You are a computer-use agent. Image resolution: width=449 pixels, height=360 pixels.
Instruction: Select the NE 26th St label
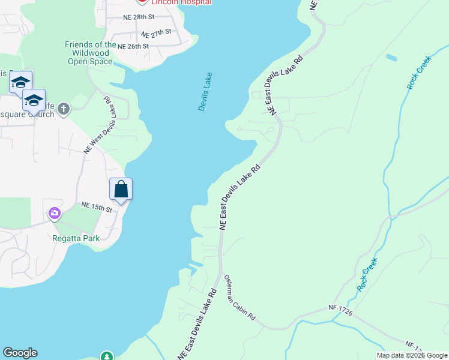click(x=133, y=46)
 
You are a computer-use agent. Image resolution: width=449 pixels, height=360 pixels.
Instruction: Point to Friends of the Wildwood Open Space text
click(x=90, y=53)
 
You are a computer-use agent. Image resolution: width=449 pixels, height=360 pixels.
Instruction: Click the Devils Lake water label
click(x=206, y=92)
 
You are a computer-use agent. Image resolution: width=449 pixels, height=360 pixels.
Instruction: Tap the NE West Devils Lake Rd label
click(x=97, y=125)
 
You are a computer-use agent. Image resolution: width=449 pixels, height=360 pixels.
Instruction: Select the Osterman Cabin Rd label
click(x=240, y=298)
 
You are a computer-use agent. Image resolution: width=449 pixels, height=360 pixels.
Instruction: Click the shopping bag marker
click(x=121, y=189)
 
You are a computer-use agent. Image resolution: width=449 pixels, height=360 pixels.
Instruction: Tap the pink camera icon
click(x=55, y=213)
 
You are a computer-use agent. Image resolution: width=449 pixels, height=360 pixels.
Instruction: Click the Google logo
click(x=20, y=353)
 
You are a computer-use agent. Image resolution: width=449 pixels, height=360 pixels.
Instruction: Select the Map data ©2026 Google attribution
click(x=412, y=355)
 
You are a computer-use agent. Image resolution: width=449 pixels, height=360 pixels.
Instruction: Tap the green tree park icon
click(x=107, y=356)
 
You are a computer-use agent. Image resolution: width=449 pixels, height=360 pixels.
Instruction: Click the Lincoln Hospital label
click(x=181, y=2)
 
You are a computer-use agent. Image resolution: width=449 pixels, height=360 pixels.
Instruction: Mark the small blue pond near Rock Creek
click(x=391, y=58)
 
